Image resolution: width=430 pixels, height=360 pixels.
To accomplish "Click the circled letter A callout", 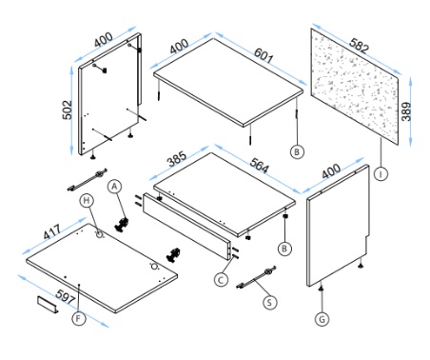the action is click(x=115, y=187).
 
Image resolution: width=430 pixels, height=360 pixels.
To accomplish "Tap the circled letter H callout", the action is click(x=87, y=201).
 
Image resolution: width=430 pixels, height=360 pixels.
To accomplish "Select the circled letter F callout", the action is click(x=79, y=318).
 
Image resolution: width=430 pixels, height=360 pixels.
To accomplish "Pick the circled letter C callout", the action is click(x=221, y=280).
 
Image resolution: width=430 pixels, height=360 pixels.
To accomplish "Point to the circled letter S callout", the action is click(x=270, y=302).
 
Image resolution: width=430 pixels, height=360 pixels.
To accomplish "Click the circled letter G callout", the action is click(x=322, y=319).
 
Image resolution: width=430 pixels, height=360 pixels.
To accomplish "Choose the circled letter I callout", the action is click(x=381, y=173).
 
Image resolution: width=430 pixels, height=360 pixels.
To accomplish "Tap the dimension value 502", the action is click(x=68, y=110).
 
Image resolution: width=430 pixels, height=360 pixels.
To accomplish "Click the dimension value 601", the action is click(x=264, y=55).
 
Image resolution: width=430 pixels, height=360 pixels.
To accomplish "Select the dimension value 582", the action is click(x=360, y=45).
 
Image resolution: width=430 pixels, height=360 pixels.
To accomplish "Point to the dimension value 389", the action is click(x=406, y=111).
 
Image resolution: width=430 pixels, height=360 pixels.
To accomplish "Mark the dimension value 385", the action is click(x=177, y=159).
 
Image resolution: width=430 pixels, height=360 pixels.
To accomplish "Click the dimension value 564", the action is click(x=260, y=165).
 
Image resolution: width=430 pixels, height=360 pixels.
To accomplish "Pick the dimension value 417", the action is click(x=52, y=232).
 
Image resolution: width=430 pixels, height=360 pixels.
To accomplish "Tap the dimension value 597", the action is click(x=66, y=297).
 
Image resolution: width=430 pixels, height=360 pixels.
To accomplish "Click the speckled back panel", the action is click(x=355, y=87).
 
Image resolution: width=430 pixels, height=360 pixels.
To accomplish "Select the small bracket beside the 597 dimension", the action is click(x=49, y=305).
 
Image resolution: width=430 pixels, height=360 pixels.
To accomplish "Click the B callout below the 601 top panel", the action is click(x=297, y=151).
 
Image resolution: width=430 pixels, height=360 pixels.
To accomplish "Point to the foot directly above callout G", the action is click(x=322, y=288).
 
